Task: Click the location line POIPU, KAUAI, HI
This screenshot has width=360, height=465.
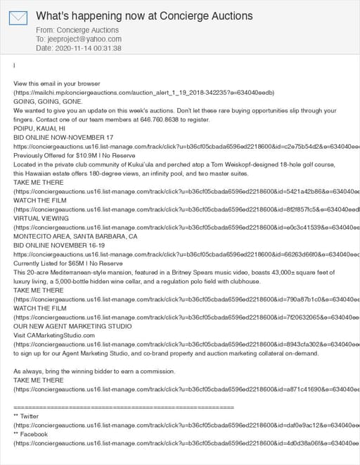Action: click(x=39, y=129)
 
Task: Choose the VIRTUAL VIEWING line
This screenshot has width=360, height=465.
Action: click(x=42, y=218)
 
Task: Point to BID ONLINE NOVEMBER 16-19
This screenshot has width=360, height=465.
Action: click(x=58, y=246)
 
